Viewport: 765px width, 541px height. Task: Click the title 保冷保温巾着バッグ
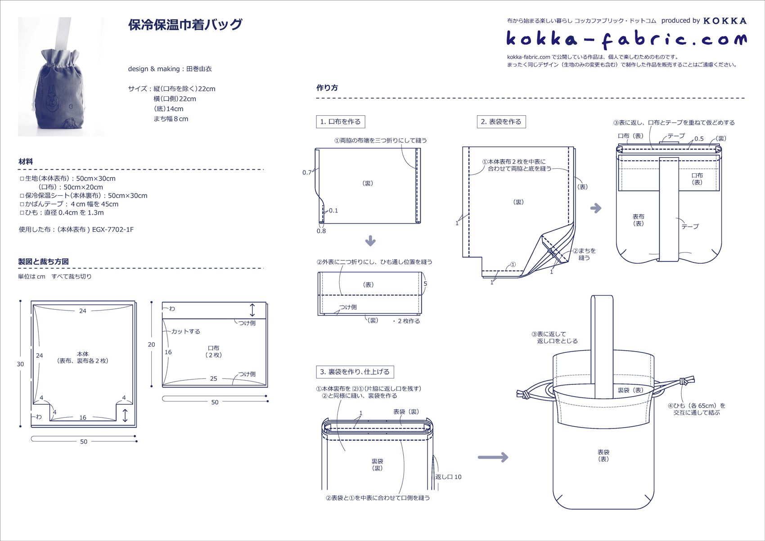[185, 24]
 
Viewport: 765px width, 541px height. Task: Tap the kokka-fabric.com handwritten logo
[626, 40]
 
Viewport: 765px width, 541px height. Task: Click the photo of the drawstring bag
[61, 77]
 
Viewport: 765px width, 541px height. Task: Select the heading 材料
[26, 162]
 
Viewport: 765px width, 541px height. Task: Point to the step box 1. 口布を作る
[340, 122]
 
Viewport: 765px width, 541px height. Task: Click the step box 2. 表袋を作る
[501, 122]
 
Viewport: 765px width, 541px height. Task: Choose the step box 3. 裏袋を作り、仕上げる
[355, 372]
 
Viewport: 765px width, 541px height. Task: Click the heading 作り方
[327, 88]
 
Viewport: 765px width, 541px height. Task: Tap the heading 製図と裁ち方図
[43, 261]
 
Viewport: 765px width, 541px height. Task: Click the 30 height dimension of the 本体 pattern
[20, 364]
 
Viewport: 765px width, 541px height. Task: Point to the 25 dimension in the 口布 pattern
[214, 379]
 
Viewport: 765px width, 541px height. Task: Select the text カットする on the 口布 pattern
[185, 331]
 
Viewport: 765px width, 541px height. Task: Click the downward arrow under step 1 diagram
[370, 241]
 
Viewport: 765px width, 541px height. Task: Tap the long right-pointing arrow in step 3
[493, 458]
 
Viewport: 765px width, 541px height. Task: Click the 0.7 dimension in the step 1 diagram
[307, 172]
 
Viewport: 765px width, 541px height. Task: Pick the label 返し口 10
[448, 477]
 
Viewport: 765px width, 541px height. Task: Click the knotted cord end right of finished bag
[685, 382]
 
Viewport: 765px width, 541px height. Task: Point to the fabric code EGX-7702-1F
[112, 230]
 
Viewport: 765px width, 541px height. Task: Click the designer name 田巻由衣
[199, 69]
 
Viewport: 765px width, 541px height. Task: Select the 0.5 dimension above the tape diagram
[699, 139]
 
